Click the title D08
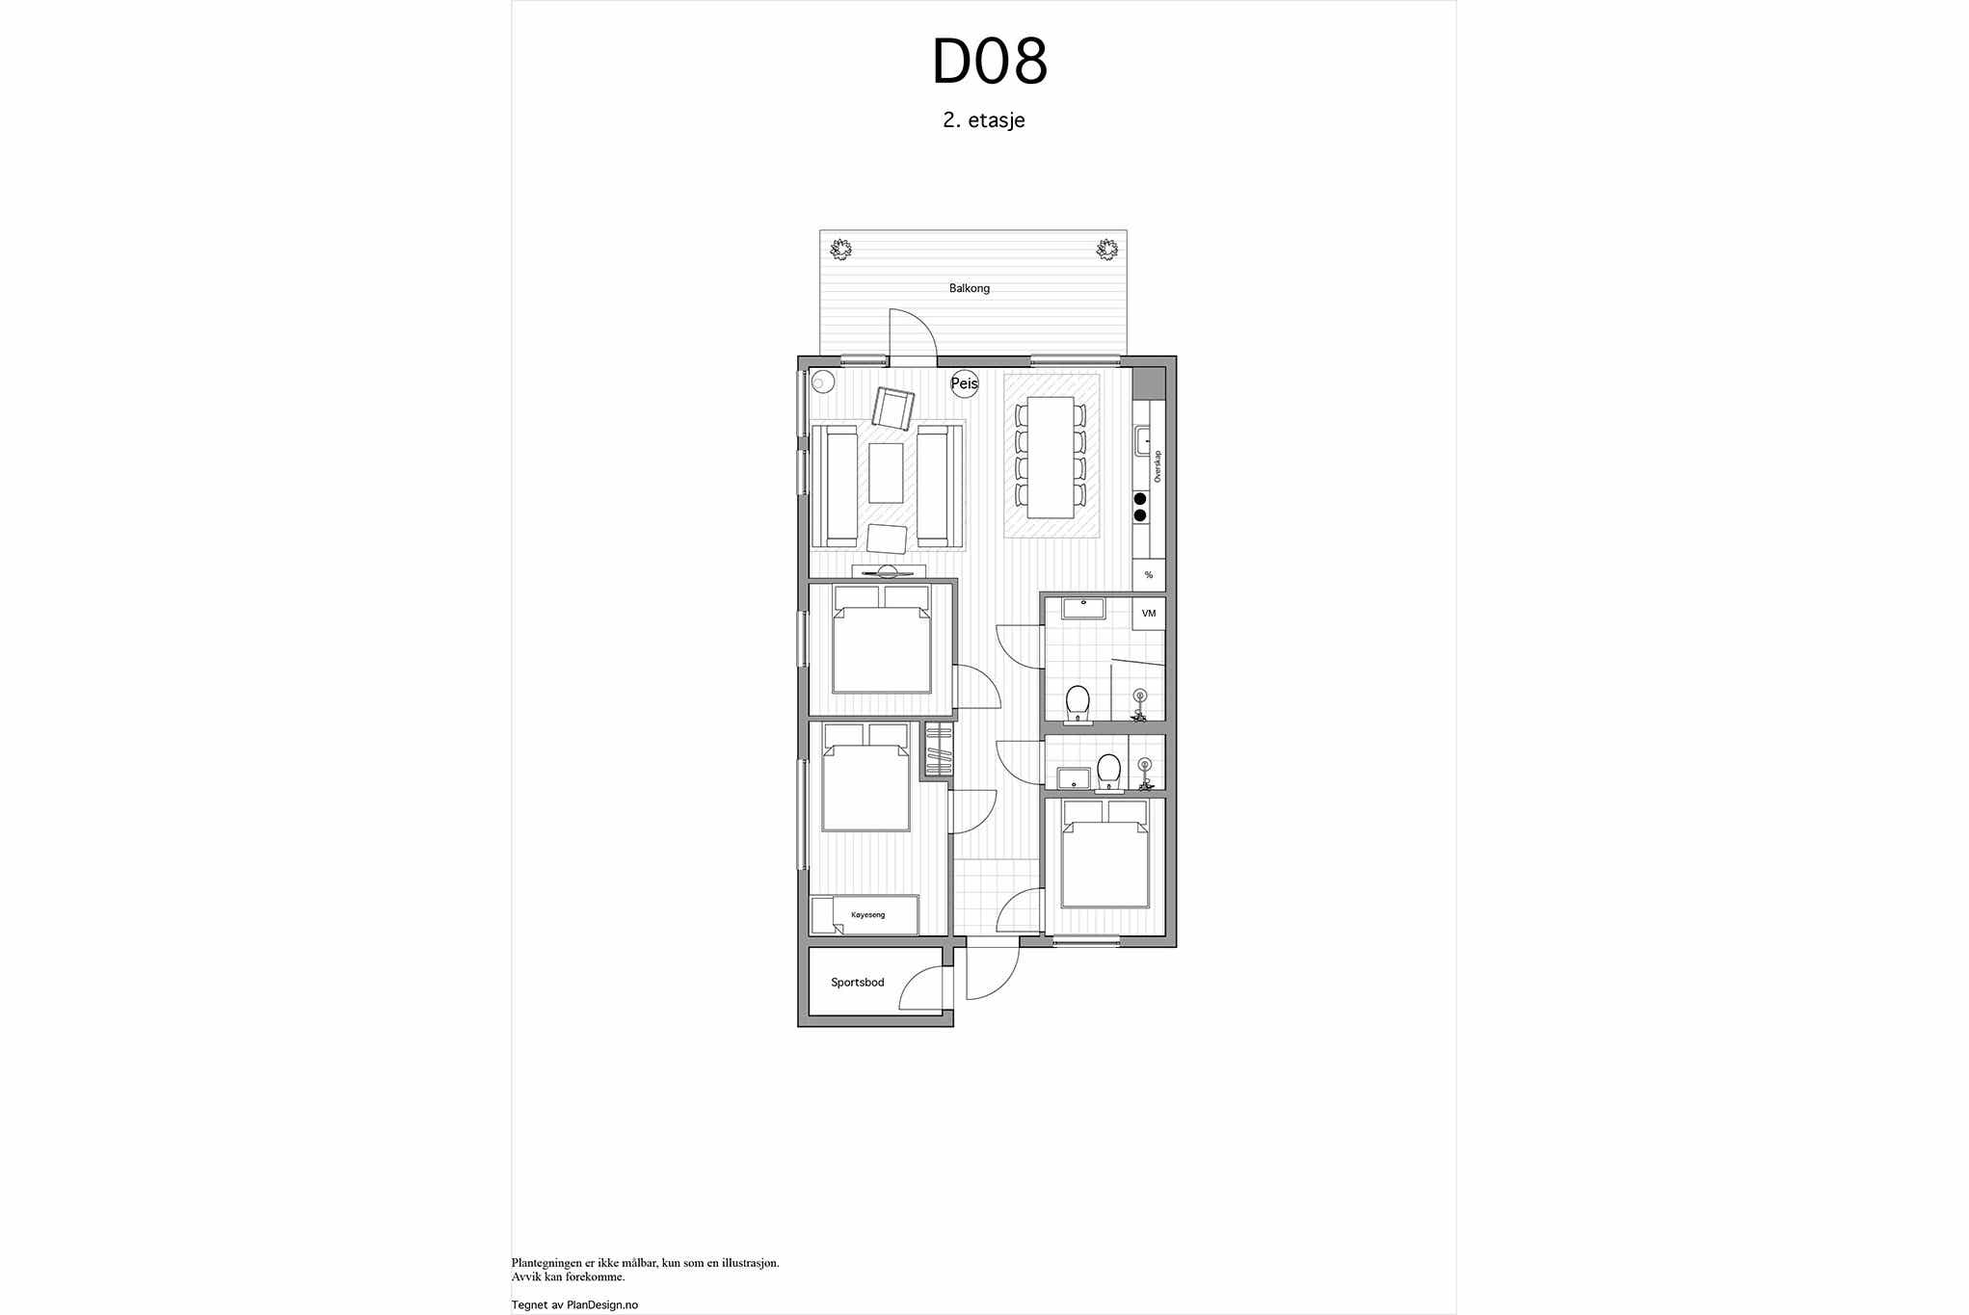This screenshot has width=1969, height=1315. pos(989,62)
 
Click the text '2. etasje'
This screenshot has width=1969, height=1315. pos(984,120)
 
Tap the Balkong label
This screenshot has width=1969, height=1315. pos(970,288)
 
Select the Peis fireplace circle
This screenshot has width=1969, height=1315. pos(965,383)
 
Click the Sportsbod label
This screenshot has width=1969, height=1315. pos(858,983)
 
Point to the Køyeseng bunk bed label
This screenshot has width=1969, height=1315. pos(867,914)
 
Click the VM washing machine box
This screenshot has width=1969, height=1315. pos(1149,614)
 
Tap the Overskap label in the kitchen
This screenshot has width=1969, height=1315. pos(1157,466)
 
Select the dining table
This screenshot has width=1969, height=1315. pos(1051,457)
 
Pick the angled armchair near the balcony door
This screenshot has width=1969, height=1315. pos(893,408)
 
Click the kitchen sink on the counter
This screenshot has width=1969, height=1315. pos(1142,441)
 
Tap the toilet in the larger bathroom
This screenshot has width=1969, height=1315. pos(1078,703)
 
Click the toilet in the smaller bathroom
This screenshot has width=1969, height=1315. pos(1108,772)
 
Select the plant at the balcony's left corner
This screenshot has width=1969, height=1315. pos(841,250)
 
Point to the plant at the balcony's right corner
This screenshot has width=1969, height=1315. pos(1106,250)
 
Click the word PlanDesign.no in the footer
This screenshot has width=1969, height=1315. pos(602,1305)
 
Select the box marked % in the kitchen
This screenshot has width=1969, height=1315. pos(1149,575)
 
